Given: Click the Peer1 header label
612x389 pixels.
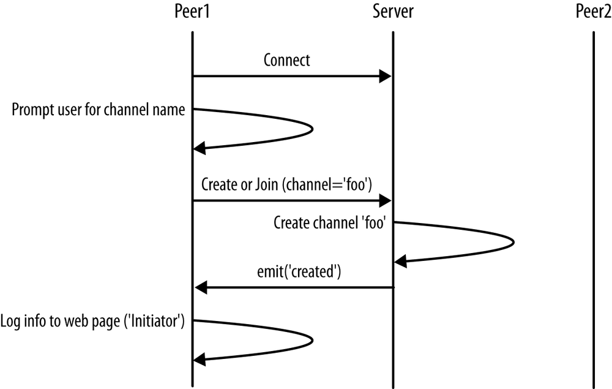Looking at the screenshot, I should [x=192, y=12].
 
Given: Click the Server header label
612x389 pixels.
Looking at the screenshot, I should [x=393, y=12].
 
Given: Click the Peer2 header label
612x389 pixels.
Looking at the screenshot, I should [x=593, y=12].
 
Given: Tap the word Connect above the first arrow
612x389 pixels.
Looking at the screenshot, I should [x=286, y=60].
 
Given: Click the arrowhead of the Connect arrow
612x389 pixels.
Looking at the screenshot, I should [x=386, y=77].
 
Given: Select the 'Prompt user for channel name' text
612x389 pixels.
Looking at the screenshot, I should [x=99, y=111].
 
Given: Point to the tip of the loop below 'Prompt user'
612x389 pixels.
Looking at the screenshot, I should [x=312, y=129].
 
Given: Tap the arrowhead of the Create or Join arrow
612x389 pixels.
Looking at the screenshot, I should [x=386, y=200].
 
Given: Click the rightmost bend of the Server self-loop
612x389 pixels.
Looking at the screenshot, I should [x=513, y=242].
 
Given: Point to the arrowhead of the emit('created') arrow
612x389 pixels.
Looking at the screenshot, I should [x=200, y=287].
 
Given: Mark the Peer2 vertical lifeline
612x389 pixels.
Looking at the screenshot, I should [x=593, y=214].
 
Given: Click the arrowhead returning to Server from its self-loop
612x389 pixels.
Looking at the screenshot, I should [x=400, y=262].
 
